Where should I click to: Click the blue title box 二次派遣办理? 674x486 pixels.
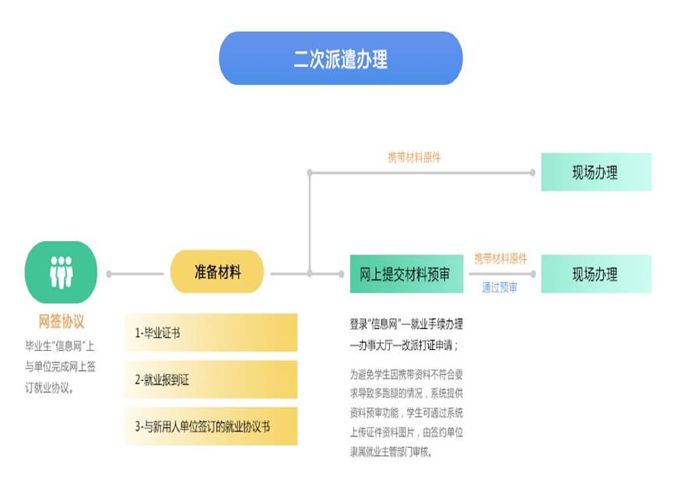340,58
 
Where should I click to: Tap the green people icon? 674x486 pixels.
61,273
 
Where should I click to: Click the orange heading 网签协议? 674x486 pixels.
61,321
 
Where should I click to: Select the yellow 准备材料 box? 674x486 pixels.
217,273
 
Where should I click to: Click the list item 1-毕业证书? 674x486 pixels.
211,333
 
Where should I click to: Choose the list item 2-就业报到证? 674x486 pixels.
211,379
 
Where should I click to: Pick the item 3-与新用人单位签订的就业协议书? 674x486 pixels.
211,426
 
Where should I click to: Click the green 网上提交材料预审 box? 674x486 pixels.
405,274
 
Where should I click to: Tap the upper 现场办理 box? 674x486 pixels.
595,172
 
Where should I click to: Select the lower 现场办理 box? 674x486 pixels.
595,274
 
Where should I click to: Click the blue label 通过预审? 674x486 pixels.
500,288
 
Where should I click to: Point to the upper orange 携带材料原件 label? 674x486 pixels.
414,157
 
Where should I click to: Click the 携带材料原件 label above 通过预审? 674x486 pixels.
500,259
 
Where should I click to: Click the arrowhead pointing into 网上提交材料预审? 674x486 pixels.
340,274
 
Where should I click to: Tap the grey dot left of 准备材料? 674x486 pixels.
110,274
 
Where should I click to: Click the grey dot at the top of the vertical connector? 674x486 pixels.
310,172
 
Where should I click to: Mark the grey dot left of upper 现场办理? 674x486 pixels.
533,172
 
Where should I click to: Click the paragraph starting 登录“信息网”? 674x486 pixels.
405,334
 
